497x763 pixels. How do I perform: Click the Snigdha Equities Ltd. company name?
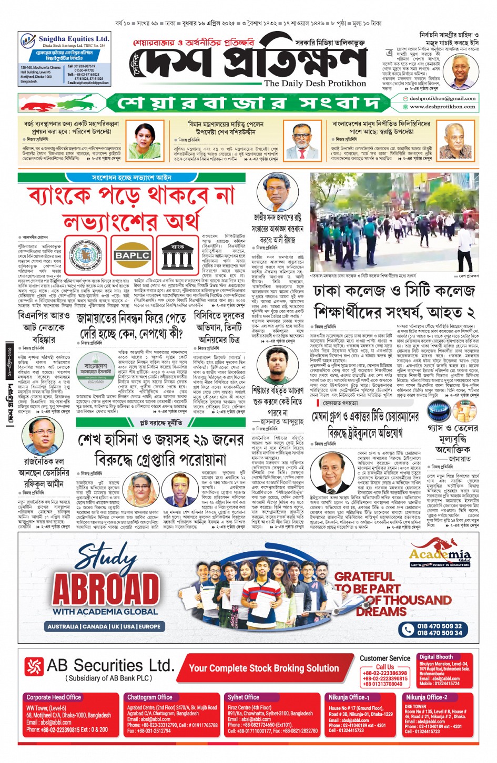click(x=74, y=39)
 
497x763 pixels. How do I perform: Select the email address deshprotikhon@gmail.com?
click(x=442, y=98)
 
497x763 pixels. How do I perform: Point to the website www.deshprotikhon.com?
click(x=442, y=107)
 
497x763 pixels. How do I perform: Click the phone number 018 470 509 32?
click(x=439, y=626)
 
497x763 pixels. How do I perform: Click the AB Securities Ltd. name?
click(x=109, y=665)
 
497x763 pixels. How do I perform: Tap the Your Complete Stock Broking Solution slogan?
click(x=263, y=668)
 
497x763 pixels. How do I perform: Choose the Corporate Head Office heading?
click(x=54, y=697)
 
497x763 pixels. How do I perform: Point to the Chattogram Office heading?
click(x=149, y=697)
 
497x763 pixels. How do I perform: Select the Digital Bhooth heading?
click(x=436, y=657)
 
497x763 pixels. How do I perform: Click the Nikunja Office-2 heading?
click(x=426, y=697)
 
